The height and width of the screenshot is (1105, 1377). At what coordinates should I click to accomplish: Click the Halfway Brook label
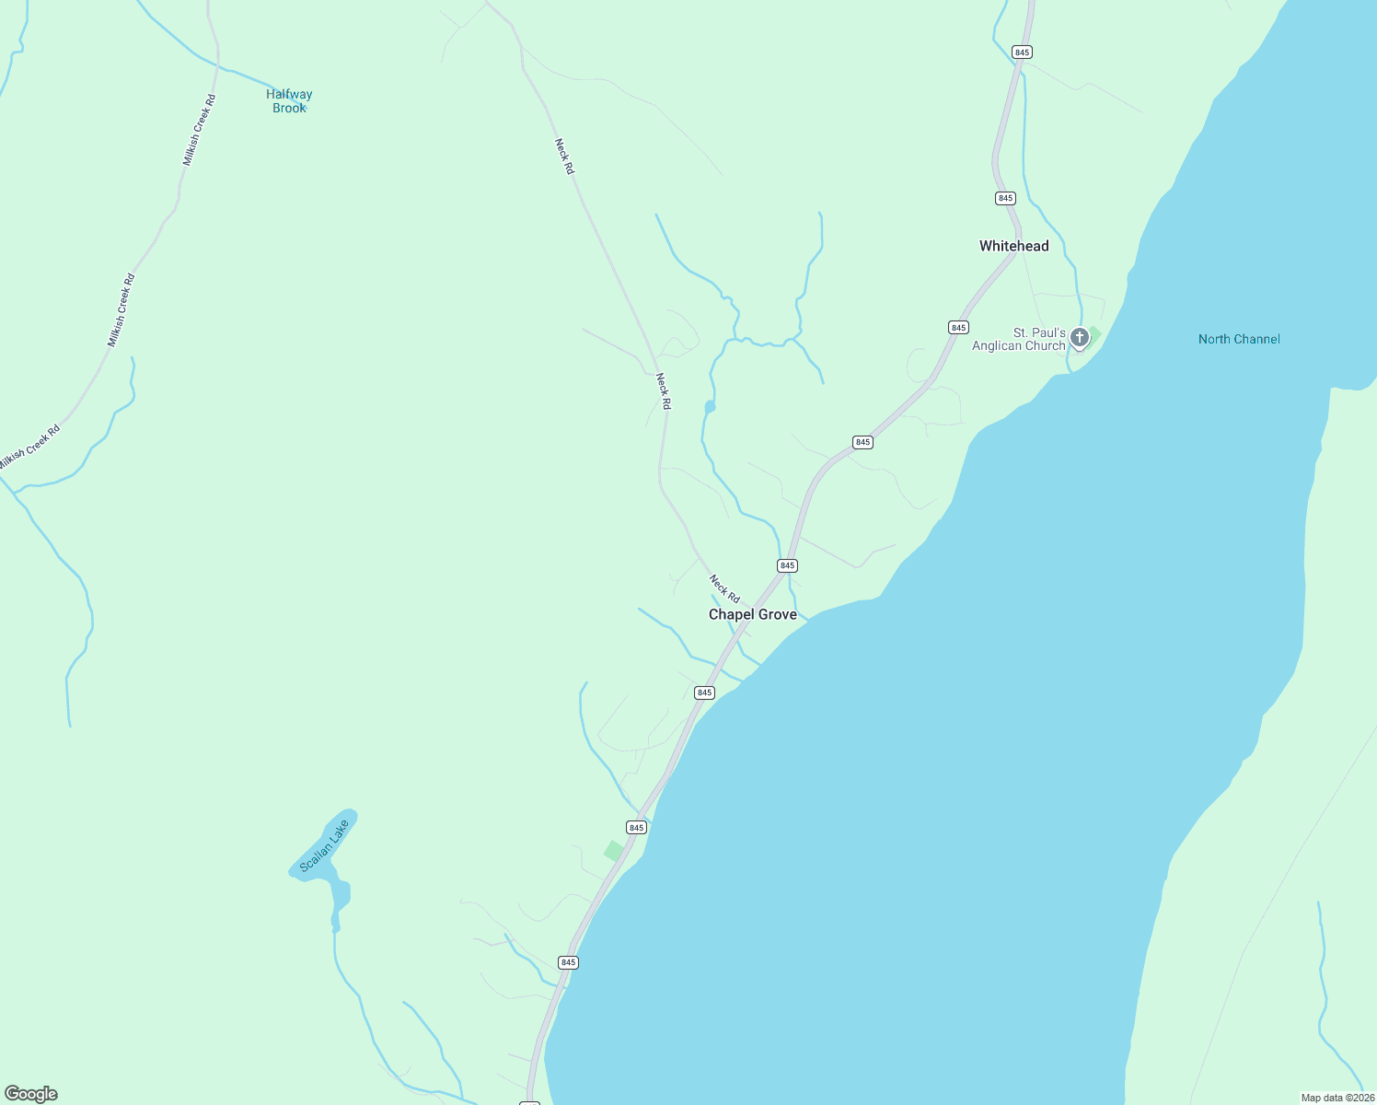point(289,100)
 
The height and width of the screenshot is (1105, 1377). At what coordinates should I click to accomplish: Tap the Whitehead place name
point(1013,246)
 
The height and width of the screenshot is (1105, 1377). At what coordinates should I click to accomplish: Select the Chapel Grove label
point(752,614)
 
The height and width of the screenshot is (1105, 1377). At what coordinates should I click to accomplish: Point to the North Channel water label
point(1238,339)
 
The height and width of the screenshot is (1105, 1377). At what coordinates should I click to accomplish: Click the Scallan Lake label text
point(325,845)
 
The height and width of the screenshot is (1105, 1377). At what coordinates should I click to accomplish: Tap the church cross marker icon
point(1079,338)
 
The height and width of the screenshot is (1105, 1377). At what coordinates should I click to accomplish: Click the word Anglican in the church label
point(997,346)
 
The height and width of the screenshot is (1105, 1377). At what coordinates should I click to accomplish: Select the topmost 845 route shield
point(1021,52)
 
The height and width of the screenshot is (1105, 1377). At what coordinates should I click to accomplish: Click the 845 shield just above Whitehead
point(1004,198)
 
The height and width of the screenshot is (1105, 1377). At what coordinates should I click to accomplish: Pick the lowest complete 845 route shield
point(568,962)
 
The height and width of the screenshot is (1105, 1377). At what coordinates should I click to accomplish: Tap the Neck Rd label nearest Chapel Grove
point(724,588)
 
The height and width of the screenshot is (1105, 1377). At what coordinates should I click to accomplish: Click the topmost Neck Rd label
point(564,157)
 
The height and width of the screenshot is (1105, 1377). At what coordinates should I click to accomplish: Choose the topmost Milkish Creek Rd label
point(199,130)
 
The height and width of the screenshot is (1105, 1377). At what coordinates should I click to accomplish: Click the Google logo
point(31,1094)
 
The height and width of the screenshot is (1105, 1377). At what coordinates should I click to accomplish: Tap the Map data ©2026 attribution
point(1336,1098)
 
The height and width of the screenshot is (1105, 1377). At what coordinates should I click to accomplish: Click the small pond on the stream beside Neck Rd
point(710,406)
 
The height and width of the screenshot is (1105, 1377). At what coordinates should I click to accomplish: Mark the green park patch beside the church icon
point(1094,332)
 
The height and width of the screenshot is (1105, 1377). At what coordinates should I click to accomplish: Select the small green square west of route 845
point(613,851)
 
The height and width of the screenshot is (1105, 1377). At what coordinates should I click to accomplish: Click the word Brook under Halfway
point(289,108)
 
